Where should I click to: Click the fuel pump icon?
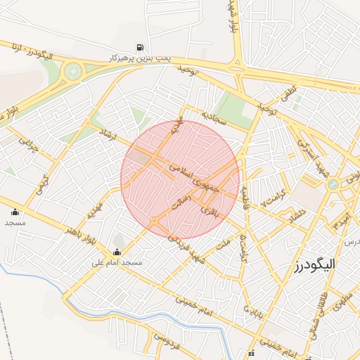coord(142,48)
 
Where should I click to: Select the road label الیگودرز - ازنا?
coord(31,51)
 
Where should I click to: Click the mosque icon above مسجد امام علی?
coord(117,252)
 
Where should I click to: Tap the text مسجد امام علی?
coord(117,263)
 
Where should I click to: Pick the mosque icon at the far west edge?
coord(15,212)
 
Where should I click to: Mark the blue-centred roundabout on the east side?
coord(333,184)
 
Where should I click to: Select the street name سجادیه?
coord(213,116)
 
